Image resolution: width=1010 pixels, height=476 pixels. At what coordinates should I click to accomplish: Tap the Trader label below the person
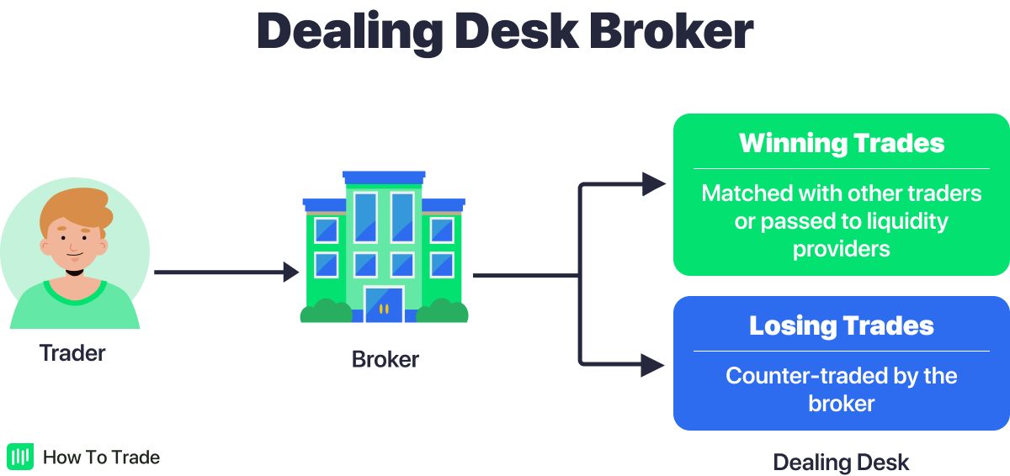[x=72, y=353]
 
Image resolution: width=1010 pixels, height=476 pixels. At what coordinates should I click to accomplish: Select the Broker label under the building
[x=385, y=360]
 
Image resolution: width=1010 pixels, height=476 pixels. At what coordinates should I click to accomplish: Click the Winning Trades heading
[x=842, y=143]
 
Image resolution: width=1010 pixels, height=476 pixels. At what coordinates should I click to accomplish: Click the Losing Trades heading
[x=842, y=325]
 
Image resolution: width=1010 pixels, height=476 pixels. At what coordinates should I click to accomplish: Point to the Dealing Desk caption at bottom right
[x=841, y=462]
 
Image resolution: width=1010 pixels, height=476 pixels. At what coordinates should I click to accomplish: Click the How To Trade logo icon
[x=19, y=457]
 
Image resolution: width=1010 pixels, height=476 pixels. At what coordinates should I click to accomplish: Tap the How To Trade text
[x=101, y=457]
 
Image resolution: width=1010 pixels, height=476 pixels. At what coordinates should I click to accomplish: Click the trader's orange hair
[x=80, y=207]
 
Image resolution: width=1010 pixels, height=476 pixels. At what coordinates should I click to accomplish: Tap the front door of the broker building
[x=384, y=304]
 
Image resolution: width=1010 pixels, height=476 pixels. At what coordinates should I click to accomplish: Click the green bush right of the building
[x=442, y=312]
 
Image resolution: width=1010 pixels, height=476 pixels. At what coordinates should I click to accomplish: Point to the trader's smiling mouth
[x=75, y=254]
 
